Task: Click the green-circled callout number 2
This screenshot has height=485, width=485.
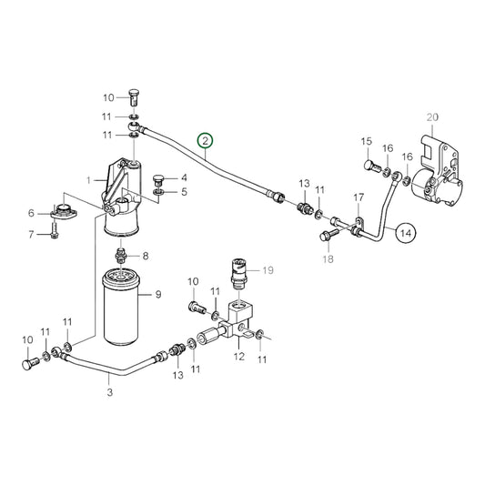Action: click(x=207, y=140)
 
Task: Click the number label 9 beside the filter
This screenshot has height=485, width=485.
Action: click(x=158, y=294)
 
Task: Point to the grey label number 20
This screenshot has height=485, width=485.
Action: click(x=432, y=116)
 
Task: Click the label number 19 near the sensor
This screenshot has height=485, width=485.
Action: click(x=268, y=270)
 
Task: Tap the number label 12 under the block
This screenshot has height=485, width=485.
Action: click(x=239, y=357)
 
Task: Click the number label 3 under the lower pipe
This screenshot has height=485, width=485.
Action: click(x=109, y=393)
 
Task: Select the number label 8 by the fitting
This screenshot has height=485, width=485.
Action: click(x=145, y=256)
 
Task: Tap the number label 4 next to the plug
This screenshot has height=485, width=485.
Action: click(x=182, y=177)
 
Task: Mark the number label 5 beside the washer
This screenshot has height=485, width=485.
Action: click(x=182, y=192)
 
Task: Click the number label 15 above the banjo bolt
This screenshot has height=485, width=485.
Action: click(x=367, y=141)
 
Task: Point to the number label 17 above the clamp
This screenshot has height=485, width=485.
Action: click(x=359, y=197)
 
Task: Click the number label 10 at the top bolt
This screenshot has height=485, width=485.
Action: click(x=108, y=97)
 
